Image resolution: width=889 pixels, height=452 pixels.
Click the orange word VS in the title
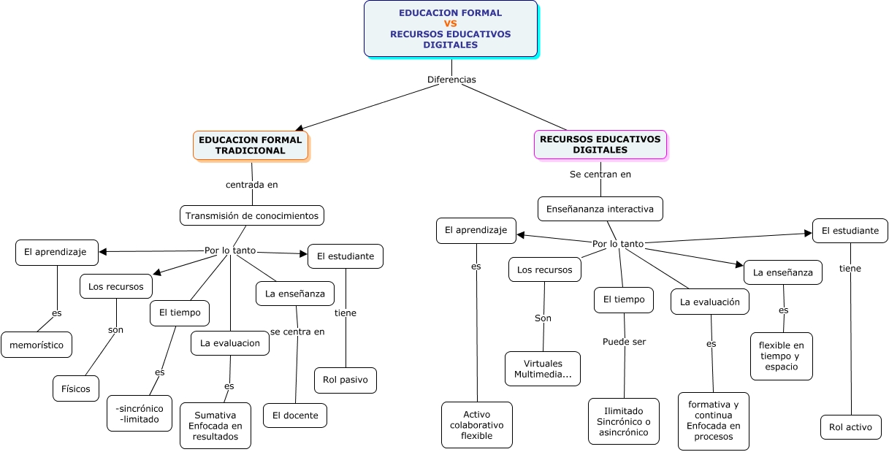[x=451, y=23]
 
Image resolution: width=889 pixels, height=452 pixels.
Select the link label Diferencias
[x=451, y=79]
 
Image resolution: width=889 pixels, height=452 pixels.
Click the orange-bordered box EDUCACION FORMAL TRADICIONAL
[x=251, y=145]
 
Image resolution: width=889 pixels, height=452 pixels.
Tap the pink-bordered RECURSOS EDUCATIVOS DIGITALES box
[x=600, y=145]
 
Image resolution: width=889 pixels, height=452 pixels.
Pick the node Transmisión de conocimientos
[x=252, y=215]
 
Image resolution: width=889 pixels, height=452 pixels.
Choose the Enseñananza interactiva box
[x=600, y=209]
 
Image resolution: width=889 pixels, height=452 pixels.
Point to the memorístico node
[x=37, y=345]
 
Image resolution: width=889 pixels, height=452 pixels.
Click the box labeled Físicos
[x=76, y=388]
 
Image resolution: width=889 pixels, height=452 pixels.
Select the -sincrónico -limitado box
[x=140, y=413]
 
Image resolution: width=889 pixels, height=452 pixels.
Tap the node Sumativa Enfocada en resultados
[x=215, y=426]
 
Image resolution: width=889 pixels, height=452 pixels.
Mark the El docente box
[x=295, y=415]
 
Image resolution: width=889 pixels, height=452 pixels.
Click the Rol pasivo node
[x=345, y=380]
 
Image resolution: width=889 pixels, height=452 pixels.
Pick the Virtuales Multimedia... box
[x=543, y=369]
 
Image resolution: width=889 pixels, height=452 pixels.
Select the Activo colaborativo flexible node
[x=477, y=425]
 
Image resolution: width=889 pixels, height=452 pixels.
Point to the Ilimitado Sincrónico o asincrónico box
[x=624, y=421]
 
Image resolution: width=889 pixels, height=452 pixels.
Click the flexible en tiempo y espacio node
[x=782, y=356]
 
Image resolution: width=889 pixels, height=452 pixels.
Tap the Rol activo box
[x=850, y=427]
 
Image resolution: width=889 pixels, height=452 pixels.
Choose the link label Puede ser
[x=624, y=342]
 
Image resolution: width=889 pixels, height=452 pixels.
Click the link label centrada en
[x=252, y=185]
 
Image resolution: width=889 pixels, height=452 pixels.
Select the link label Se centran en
[x=600, y=175]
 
